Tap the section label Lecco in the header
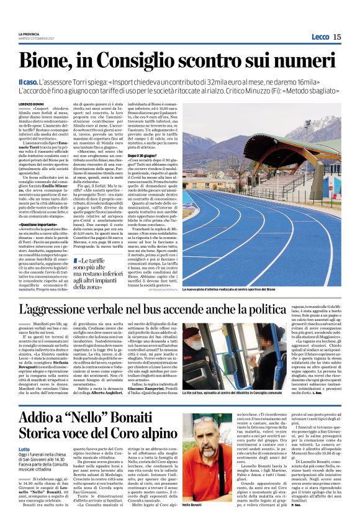320,37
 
